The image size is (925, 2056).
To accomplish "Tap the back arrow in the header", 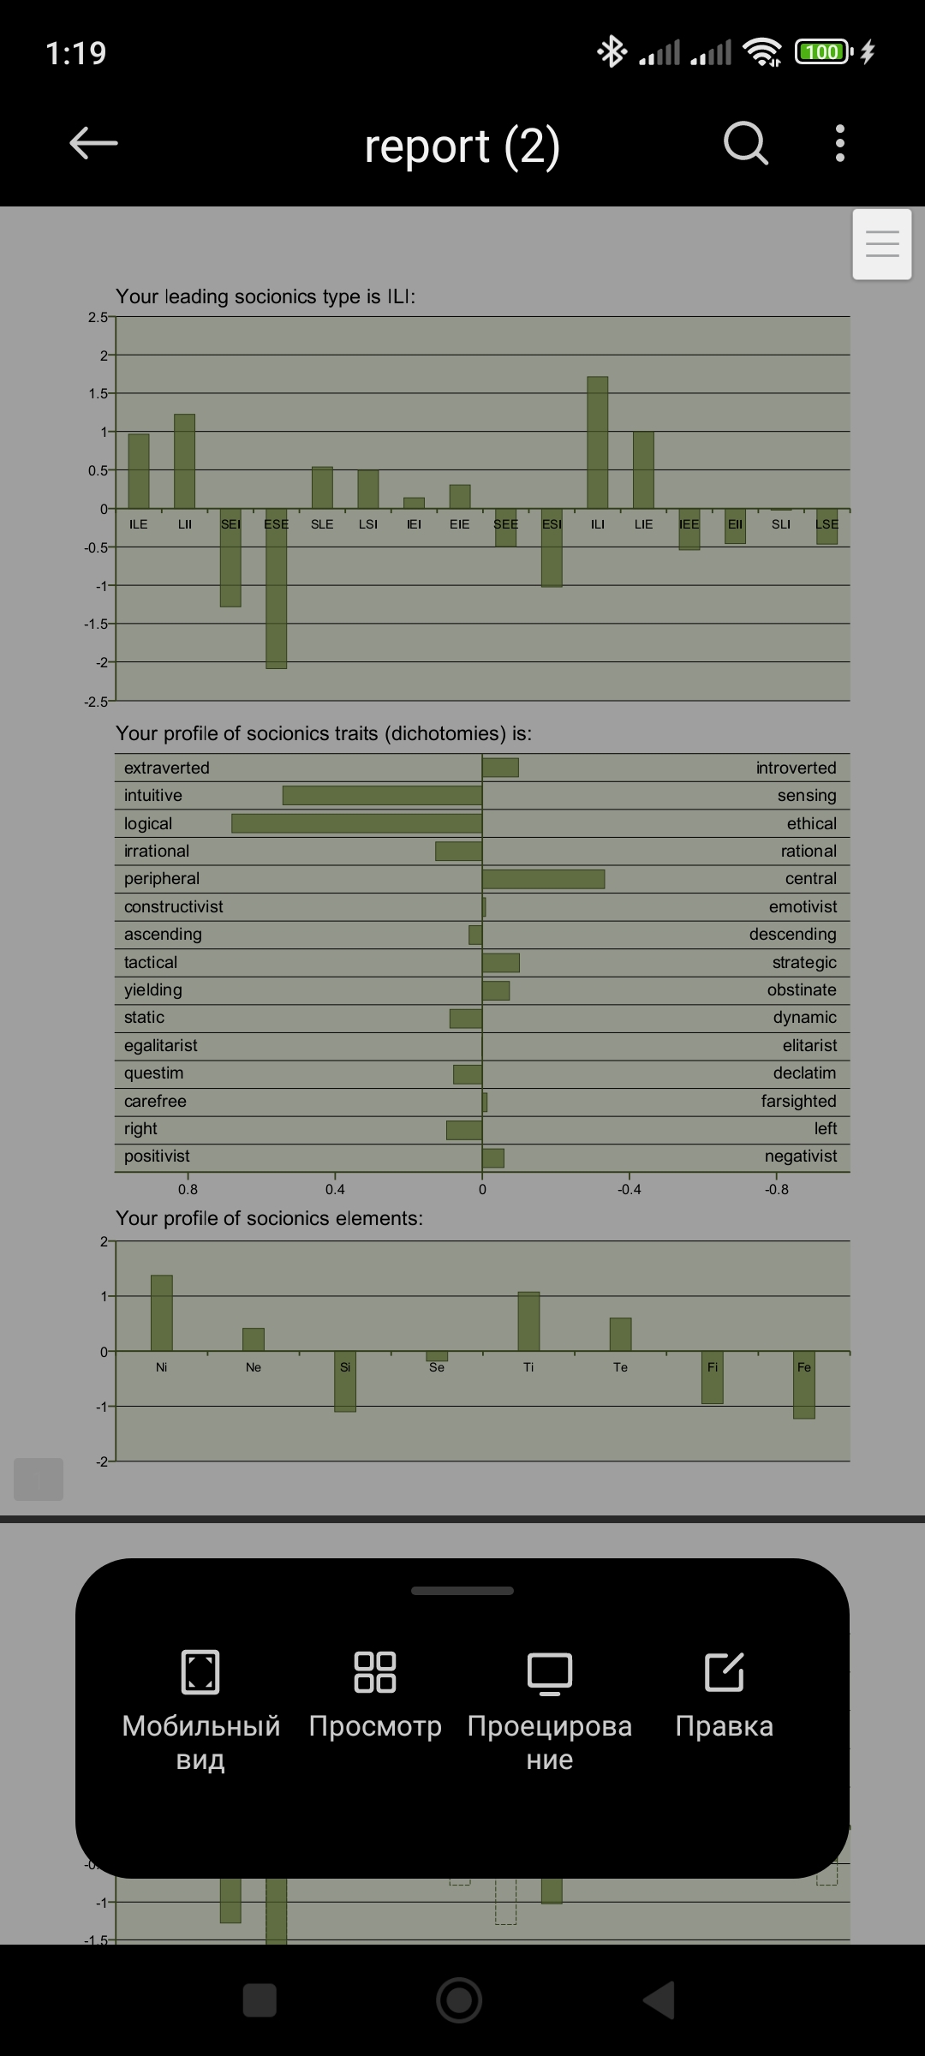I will [x=93, y=143].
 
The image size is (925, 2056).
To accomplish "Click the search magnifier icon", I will [x=746, y=143].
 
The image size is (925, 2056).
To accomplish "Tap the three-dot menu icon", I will [x=840, y=143].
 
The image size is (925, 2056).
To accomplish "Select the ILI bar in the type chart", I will [x=598, y=442].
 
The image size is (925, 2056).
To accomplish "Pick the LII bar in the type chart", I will [x=184, y=461].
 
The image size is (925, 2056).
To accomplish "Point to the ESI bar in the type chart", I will [x=552, y=547].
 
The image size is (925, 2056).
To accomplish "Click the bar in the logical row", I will [x=356, y=823].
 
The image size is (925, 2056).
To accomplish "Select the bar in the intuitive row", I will [x=382, y=795].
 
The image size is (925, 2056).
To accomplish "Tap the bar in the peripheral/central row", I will [x=543, y=879].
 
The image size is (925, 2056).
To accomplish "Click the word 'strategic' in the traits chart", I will [x=804, y=962].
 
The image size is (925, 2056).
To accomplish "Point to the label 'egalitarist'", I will [x=161, y=1045].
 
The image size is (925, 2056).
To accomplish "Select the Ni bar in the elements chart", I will [x=162, y=1312].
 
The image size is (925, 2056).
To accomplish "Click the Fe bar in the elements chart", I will [x=804, y=1384].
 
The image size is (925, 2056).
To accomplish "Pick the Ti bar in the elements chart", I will [x=528, y=1321].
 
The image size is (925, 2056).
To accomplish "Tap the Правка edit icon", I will [x=724, y=1672].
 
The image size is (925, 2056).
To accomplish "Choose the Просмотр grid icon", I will [x=375, y=1672].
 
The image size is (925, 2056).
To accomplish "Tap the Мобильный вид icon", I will [x=200, y=1672].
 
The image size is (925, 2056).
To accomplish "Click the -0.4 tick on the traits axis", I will [x=630, y=1189].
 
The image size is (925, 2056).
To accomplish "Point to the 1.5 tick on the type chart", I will [x=98, y=393].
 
